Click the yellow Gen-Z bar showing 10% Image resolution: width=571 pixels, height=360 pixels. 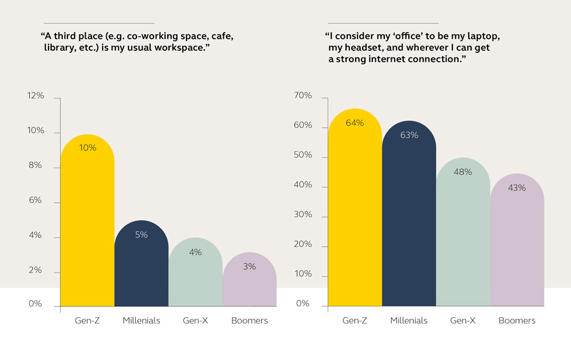tap(87, 223)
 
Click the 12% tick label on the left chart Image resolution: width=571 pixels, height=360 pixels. tap(35, 96)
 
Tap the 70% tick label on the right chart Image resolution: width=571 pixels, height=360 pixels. tap(304, 96)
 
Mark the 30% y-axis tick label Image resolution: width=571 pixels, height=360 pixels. tap(304, 215)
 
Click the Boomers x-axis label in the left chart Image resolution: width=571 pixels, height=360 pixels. tap(250, 321)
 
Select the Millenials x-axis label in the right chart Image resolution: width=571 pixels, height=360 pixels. tap(409, 321)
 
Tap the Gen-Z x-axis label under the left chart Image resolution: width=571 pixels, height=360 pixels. tap(87, 321)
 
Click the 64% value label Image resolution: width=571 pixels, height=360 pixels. tap(355, 123)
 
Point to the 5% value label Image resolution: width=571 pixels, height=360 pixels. tap(141, 234)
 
